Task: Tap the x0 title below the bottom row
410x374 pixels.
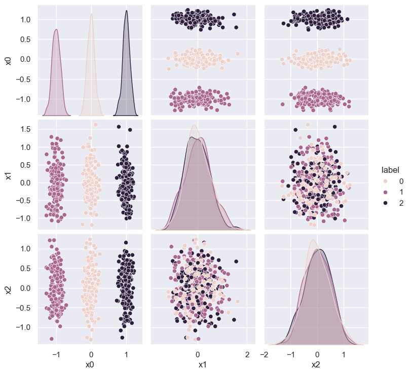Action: click(91, 364)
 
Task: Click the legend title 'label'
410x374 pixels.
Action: click(391, 170)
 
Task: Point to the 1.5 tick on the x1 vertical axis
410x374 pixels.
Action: click(25, 129)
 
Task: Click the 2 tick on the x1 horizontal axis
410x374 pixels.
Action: click(247, 354)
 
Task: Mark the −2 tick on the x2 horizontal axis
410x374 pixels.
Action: click(265, 354)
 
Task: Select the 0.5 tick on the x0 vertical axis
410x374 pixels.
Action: click(25, 39)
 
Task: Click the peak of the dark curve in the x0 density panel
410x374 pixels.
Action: click(126, 11)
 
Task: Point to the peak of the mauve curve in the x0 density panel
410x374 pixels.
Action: click(56, 29)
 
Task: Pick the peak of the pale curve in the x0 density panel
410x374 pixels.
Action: click(91, 14)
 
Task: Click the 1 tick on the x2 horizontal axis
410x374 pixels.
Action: click(343, 354)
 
